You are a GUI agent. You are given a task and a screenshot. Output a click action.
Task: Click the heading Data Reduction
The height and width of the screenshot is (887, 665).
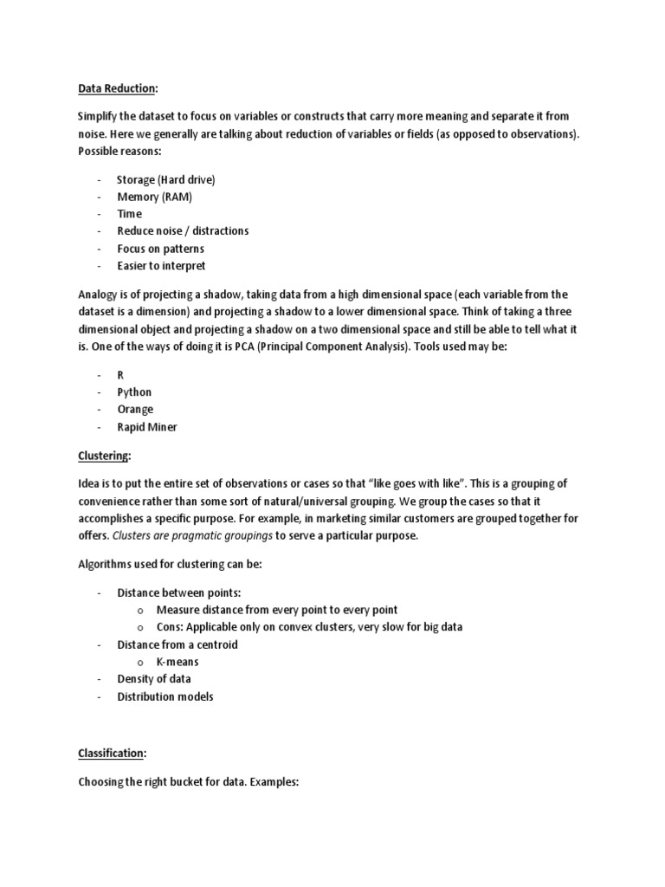tap(117, 88)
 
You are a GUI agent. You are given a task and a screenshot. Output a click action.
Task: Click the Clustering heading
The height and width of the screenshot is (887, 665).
tap(104, 456)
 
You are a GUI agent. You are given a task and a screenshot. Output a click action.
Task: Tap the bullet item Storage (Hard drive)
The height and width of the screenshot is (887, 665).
tap(165, 179)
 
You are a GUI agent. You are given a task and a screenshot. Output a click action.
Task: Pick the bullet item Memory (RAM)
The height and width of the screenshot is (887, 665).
tap(154, 197)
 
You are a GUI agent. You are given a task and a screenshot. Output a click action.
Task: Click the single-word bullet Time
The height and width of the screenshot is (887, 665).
tap(130, 214)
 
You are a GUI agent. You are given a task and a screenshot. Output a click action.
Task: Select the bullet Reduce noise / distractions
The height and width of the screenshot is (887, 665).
tap(183, 231)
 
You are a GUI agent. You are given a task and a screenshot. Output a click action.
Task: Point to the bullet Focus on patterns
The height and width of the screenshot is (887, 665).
tap(160, 249)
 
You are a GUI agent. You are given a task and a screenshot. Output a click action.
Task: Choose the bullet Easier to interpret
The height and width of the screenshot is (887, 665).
tap(161, 266)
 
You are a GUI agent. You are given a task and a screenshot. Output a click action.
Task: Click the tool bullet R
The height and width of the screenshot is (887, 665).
tap(121, 375)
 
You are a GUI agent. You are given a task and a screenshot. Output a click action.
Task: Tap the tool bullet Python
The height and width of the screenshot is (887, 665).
tap(134, 392)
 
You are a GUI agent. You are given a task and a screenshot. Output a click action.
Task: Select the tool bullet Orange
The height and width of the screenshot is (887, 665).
tap(135, 410)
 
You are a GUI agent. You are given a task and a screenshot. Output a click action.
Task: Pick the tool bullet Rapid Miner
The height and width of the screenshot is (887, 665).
tap(147, 427)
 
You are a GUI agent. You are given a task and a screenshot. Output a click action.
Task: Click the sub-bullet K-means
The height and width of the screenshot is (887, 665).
tap(178, 662)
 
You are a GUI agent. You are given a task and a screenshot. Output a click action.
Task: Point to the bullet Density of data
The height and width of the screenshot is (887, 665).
tap(154, 679)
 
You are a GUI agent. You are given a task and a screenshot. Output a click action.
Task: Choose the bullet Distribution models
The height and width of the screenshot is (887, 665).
tap(165, 696)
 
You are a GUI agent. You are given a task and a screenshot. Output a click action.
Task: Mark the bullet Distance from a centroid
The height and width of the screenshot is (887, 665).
tap(178, 644)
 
